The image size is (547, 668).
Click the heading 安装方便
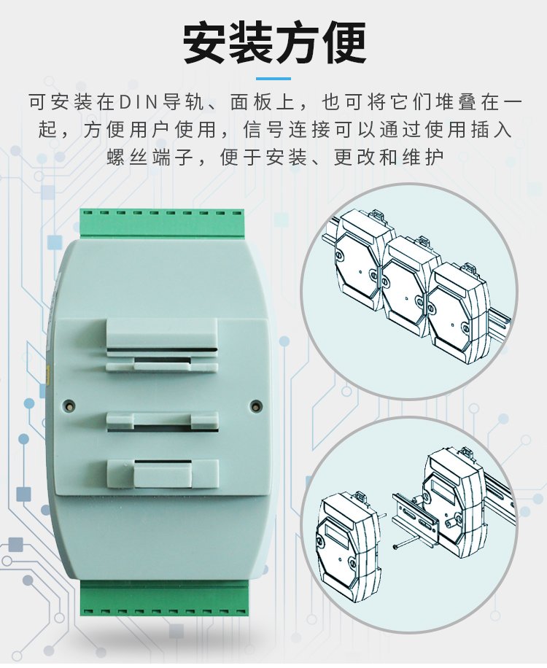(275, 42)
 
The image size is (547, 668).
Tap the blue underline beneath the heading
(273, 79)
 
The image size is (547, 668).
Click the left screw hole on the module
(69, 405)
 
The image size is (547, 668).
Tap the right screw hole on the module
(255, 405)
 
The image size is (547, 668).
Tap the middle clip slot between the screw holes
(163, 422)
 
